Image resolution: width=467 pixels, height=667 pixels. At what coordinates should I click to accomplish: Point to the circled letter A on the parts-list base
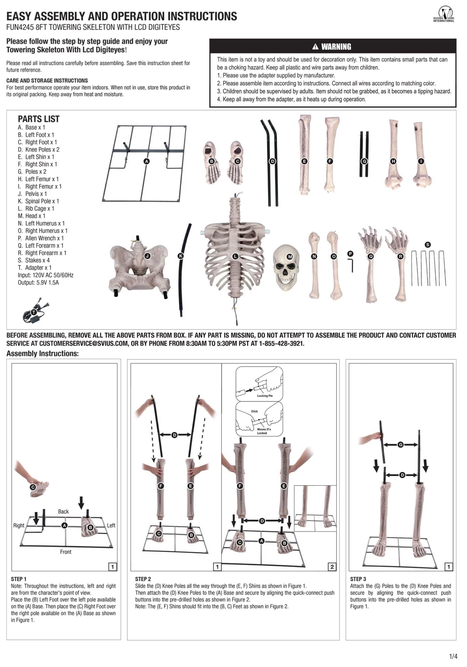pos(146,161)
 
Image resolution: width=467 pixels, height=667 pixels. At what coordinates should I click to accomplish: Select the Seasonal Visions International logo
pos(444,15)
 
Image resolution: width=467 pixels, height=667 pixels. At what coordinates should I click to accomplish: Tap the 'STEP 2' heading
pos(143,579)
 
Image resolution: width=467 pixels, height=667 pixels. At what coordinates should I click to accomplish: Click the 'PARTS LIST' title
pos(39,119)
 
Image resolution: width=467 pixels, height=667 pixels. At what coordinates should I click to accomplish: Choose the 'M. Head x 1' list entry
pos(31,216)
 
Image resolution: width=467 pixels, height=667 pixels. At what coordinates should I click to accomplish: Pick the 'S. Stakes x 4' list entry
pos(34,260)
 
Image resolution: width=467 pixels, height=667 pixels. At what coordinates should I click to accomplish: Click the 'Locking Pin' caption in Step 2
pos(265,396)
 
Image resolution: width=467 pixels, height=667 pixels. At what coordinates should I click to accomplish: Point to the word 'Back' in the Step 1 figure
pos(63,511)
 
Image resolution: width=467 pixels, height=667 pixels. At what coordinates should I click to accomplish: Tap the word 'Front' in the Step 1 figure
pos(66,552)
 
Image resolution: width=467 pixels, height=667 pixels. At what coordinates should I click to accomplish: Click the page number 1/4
pos(453,656)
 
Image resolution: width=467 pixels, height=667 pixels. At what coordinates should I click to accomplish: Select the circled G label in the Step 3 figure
pos(401,445)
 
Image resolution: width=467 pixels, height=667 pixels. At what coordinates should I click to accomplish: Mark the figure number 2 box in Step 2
pos(332,567)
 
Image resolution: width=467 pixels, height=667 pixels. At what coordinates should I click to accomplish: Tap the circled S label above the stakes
pos(428,245)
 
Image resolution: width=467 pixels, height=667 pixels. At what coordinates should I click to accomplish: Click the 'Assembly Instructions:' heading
pos(43,354)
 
